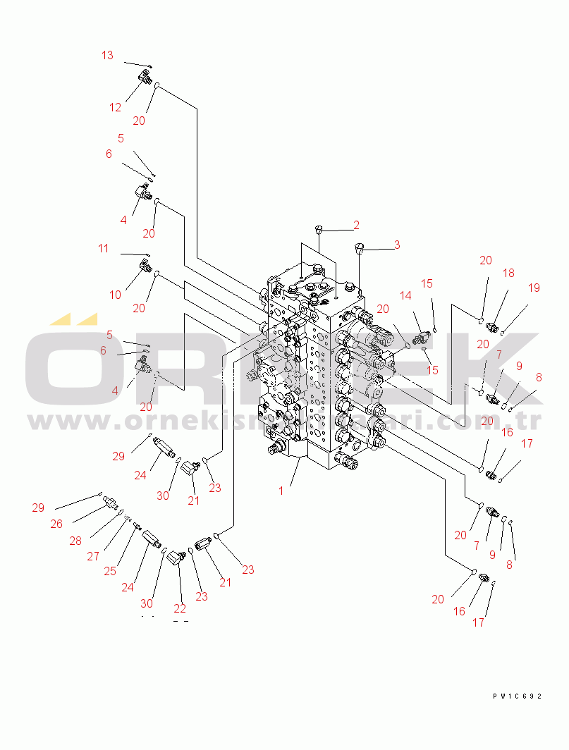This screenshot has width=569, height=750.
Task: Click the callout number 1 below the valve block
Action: point(281,490)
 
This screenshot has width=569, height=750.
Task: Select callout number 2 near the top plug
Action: point(357,225)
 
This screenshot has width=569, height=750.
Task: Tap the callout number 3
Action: point(397,245)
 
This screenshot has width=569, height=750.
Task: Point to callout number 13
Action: point(107,55)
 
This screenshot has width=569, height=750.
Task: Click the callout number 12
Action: point(115,107)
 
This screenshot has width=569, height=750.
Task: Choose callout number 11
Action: point(104,248)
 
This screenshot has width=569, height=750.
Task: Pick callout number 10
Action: point(116,295)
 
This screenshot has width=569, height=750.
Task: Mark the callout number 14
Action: point(405,296)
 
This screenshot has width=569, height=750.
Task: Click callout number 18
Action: point(508,273)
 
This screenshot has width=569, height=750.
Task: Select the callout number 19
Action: point(534,288)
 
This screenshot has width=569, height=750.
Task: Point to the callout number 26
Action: point(56,524)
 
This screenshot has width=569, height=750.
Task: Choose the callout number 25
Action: point(110,571)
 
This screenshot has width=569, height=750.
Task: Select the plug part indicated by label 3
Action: point(360,248)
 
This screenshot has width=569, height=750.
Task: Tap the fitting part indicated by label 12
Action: point(145,78)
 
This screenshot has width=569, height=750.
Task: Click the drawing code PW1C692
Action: point(517,696)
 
